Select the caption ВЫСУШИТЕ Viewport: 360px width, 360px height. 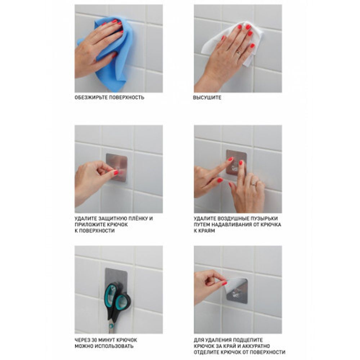click(207, 98)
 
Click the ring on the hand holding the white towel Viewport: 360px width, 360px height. click(238, 53)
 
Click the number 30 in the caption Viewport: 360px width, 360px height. click(94, 340)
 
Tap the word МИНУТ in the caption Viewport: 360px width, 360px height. click(106, 340)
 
